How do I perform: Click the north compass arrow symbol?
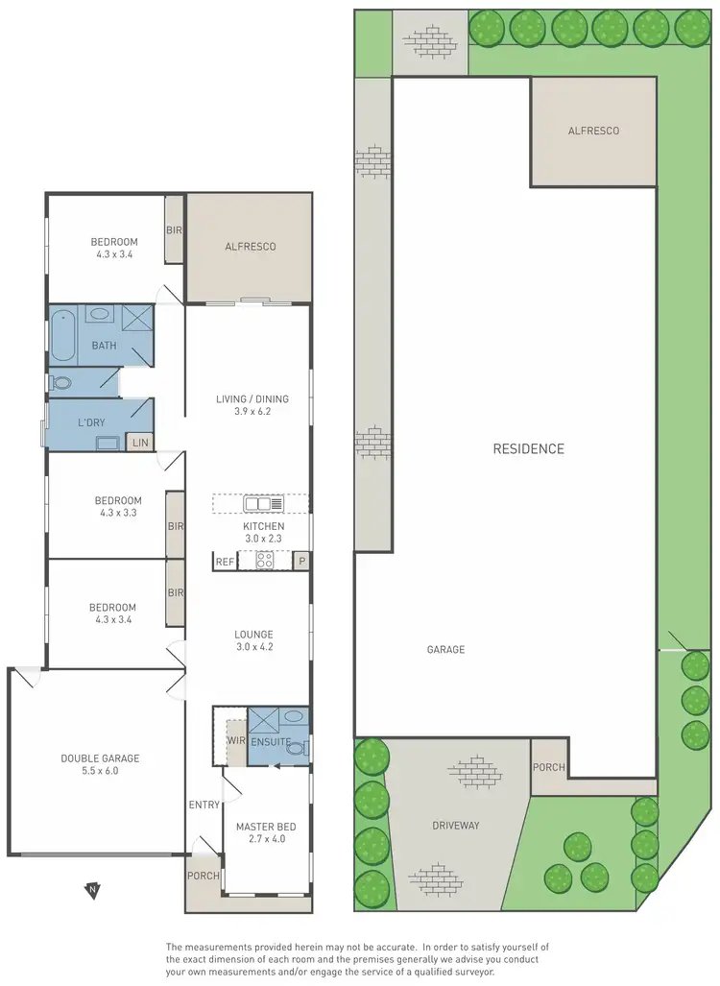pyautogui.click(x=92, y=891)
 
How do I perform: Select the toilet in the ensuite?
pyautogui.click(x=296, y=748)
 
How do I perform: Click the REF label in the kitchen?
pyautogui.click(x=225, y=562)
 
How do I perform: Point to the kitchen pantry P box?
pyautogui.click(x=301, y=562)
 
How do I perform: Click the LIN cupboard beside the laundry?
pyautogui.click(x=140, y=443)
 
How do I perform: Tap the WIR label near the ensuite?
pyautogui.click(x=235, y=741)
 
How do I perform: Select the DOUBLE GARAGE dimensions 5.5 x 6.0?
pyautogui.click(x=101, y=771)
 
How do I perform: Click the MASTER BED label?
pyautogui.click(x=266, y=827)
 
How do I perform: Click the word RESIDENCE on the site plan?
pyautogui.click(x=528, y=448)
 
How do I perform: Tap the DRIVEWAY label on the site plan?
pyautogui.click(x=455, y=825)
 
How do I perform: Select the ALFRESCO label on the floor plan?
pyautogui.click(x=251, y=247)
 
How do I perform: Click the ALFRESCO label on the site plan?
pyautogui.click(x=593, y=131)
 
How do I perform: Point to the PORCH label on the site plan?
pyautogui.click(x=549, y=767)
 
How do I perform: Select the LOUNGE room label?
pyautogui.click(x=253, y=635)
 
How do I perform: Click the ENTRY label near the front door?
pyautogui.click(x=204, y=805)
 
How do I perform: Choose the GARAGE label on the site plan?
pyautogui.click(x=446, y=650)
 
